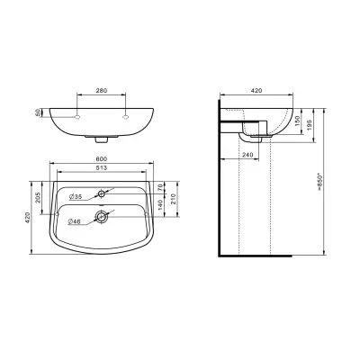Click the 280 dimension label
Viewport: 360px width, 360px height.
click(x=102, y=90)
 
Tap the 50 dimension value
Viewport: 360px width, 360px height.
click(x=38, y=112)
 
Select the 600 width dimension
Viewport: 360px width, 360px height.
click(x=102, y=159)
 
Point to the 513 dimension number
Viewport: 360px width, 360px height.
click(x=102, y=168)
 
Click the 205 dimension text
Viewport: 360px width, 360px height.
click(x=38, y=198)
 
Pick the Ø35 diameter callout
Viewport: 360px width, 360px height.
click(x=76, y=197)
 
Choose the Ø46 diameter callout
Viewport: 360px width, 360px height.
click(x=75, y=221)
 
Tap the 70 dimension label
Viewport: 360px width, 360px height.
click(x=160, y=188)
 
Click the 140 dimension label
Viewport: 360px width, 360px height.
click(x=160, y=205)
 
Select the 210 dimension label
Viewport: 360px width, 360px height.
click(x=173, y=199)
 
